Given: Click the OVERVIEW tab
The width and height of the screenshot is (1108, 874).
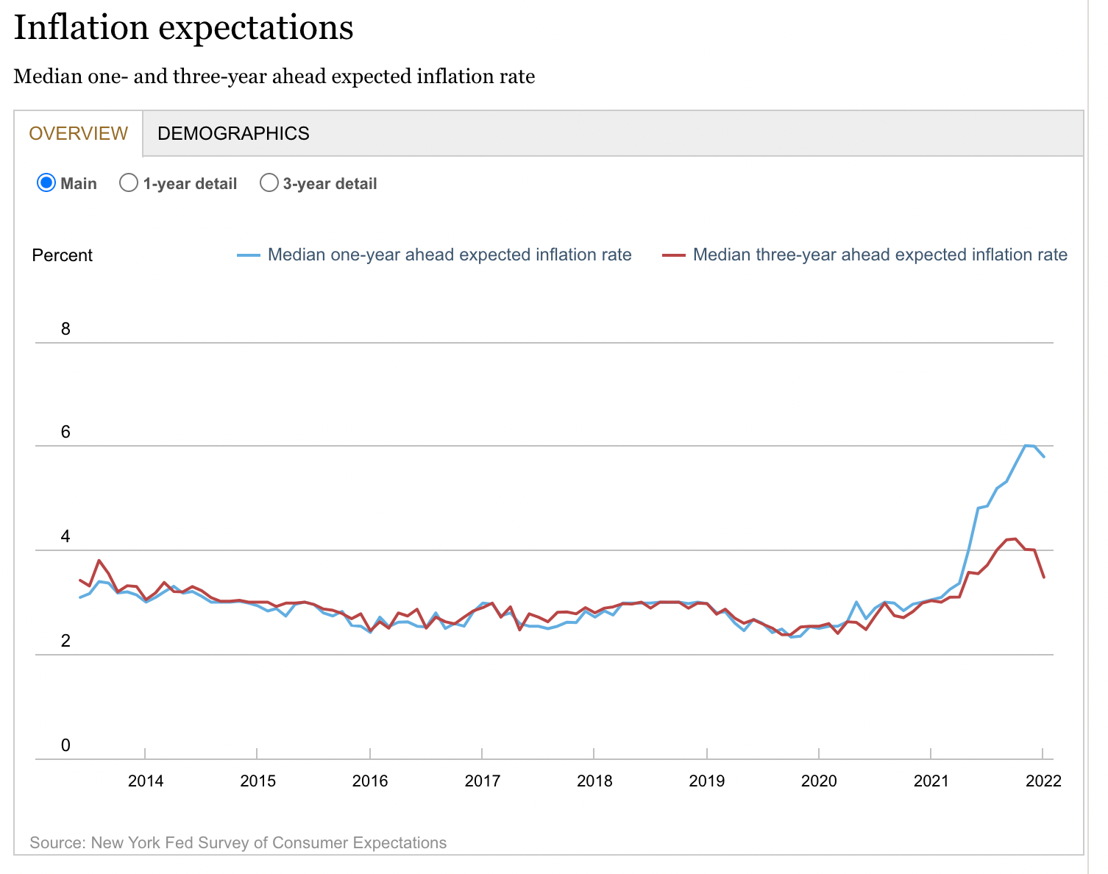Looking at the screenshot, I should [78, 133].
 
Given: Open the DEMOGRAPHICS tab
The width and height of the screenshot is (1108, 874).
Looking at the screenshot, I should [233, 133].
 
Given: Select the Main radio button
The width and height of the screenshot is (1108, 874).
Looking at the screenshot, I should [46, 183].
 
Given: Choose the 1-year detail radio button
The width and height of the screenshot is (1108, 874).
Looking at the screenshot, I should [129, 183].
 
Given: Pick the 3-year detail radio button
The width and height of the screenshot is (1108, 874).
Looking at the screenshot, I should [269, 183].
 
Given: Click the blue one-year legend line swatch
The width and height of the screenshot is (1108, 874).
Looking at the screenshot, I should [249, 255].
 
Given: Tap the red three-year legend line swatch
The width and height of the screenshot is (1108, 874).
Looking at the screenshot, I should [674, 255].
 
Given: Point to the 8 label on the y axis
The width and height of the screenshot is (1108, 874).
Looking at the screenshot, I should [65, 329].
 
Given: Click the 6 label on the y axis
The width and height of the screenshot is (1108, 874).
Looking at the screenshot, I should [65, 432].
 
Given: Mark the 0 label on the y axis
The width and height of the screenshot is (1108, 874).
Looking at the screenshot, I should [65, 745].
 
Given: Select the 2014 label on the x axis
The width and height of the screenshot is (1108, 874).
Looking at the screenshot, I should [146, 781].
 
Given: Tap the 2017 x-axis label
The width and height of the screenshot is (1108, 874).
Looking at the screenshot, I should [482, 781].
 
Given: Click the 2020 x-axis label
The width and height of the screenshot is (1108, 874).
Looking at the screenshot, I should [819, 781].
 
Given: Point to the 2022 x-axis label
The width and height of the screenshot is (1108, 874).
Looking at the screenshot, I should [1043, 781].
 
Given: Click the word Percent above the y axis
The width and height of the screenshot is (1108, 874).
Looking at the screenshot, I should [63, 255].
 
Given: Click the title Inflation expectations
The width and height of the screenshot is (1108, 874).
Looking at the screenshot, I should [184, 28].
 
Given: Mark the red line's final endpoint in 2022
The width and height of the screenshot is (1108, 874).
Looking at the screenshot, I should [1044, 578].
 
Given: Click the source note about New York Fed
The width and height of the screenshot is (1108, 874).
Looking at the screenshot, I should [238, 842].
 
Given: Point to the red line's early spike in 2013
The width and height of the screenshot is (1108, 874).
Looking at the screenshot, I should [99, 561].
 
